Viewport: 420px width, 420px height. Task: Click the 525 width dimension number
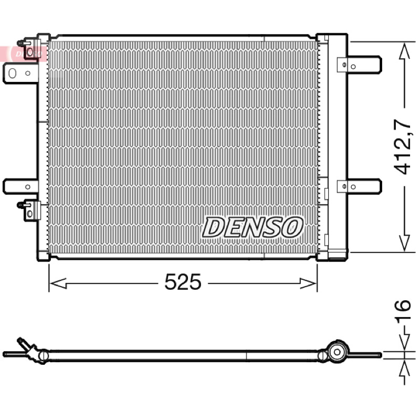coord(183,282)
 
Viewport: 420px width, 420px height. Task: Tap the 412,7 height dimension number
coord(402,147)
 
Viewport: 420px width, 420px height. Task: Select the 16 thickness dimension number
coord(402,310)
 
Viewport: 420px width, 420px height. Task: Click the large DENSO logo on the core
coord(253,227)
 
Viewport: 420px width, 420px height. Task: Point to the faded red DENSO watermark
coord(24,54)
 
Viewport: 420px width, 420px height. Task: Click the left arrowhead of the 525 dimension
coord(58,283)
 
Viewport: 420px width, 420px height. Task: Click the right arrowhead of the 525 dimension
coord(308,283)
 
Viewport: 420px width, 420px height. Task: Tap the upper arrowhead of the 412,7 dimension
coord(404,51)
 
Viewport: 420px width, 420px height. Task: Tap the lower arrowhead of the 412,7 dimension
coord(404,243)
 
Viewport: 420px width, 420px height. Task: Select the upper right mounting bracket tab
coord(360,65)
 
